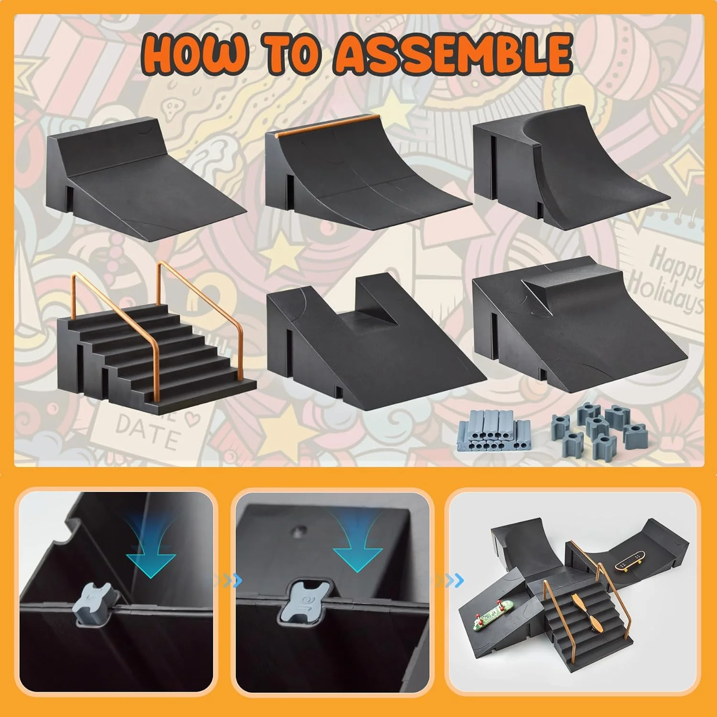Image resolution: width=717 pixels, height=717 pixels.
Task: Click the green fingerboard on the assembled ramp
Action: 493,613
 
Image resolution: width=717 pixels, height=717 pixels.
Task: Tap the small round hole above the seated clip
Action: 300,530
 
